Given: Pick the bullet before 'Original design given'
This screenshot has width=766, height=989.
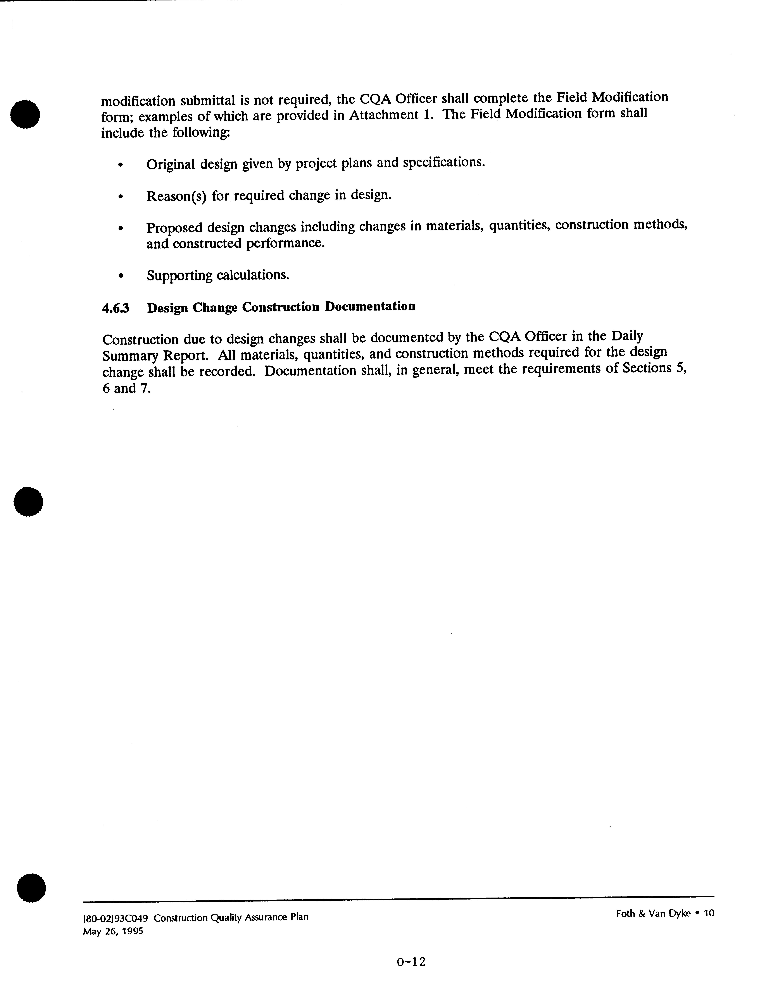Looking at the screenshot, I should pos(120,165).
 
